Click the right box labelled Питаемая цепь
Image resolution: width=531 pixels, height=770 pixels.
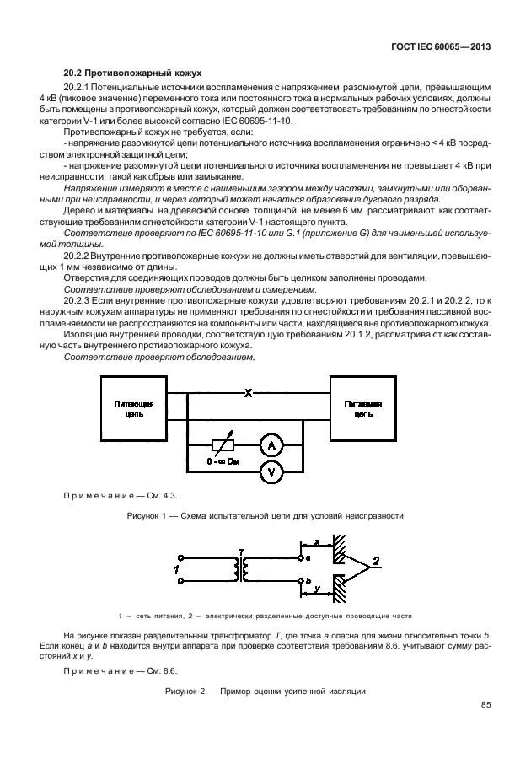coord(363,409)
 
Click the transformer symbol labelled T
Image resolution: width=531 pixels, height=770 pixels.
coord(242,571)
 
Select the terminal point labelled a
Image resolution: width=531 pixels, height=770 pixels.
coord(301,557)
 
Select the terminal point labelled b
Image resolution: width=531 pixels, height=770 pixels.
coord(301,581)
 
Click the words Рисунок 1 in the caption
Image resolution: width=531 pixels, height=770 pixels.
coord(149,515)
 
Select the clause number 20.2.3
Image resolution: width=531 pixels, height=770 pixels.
coord(79,299)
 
